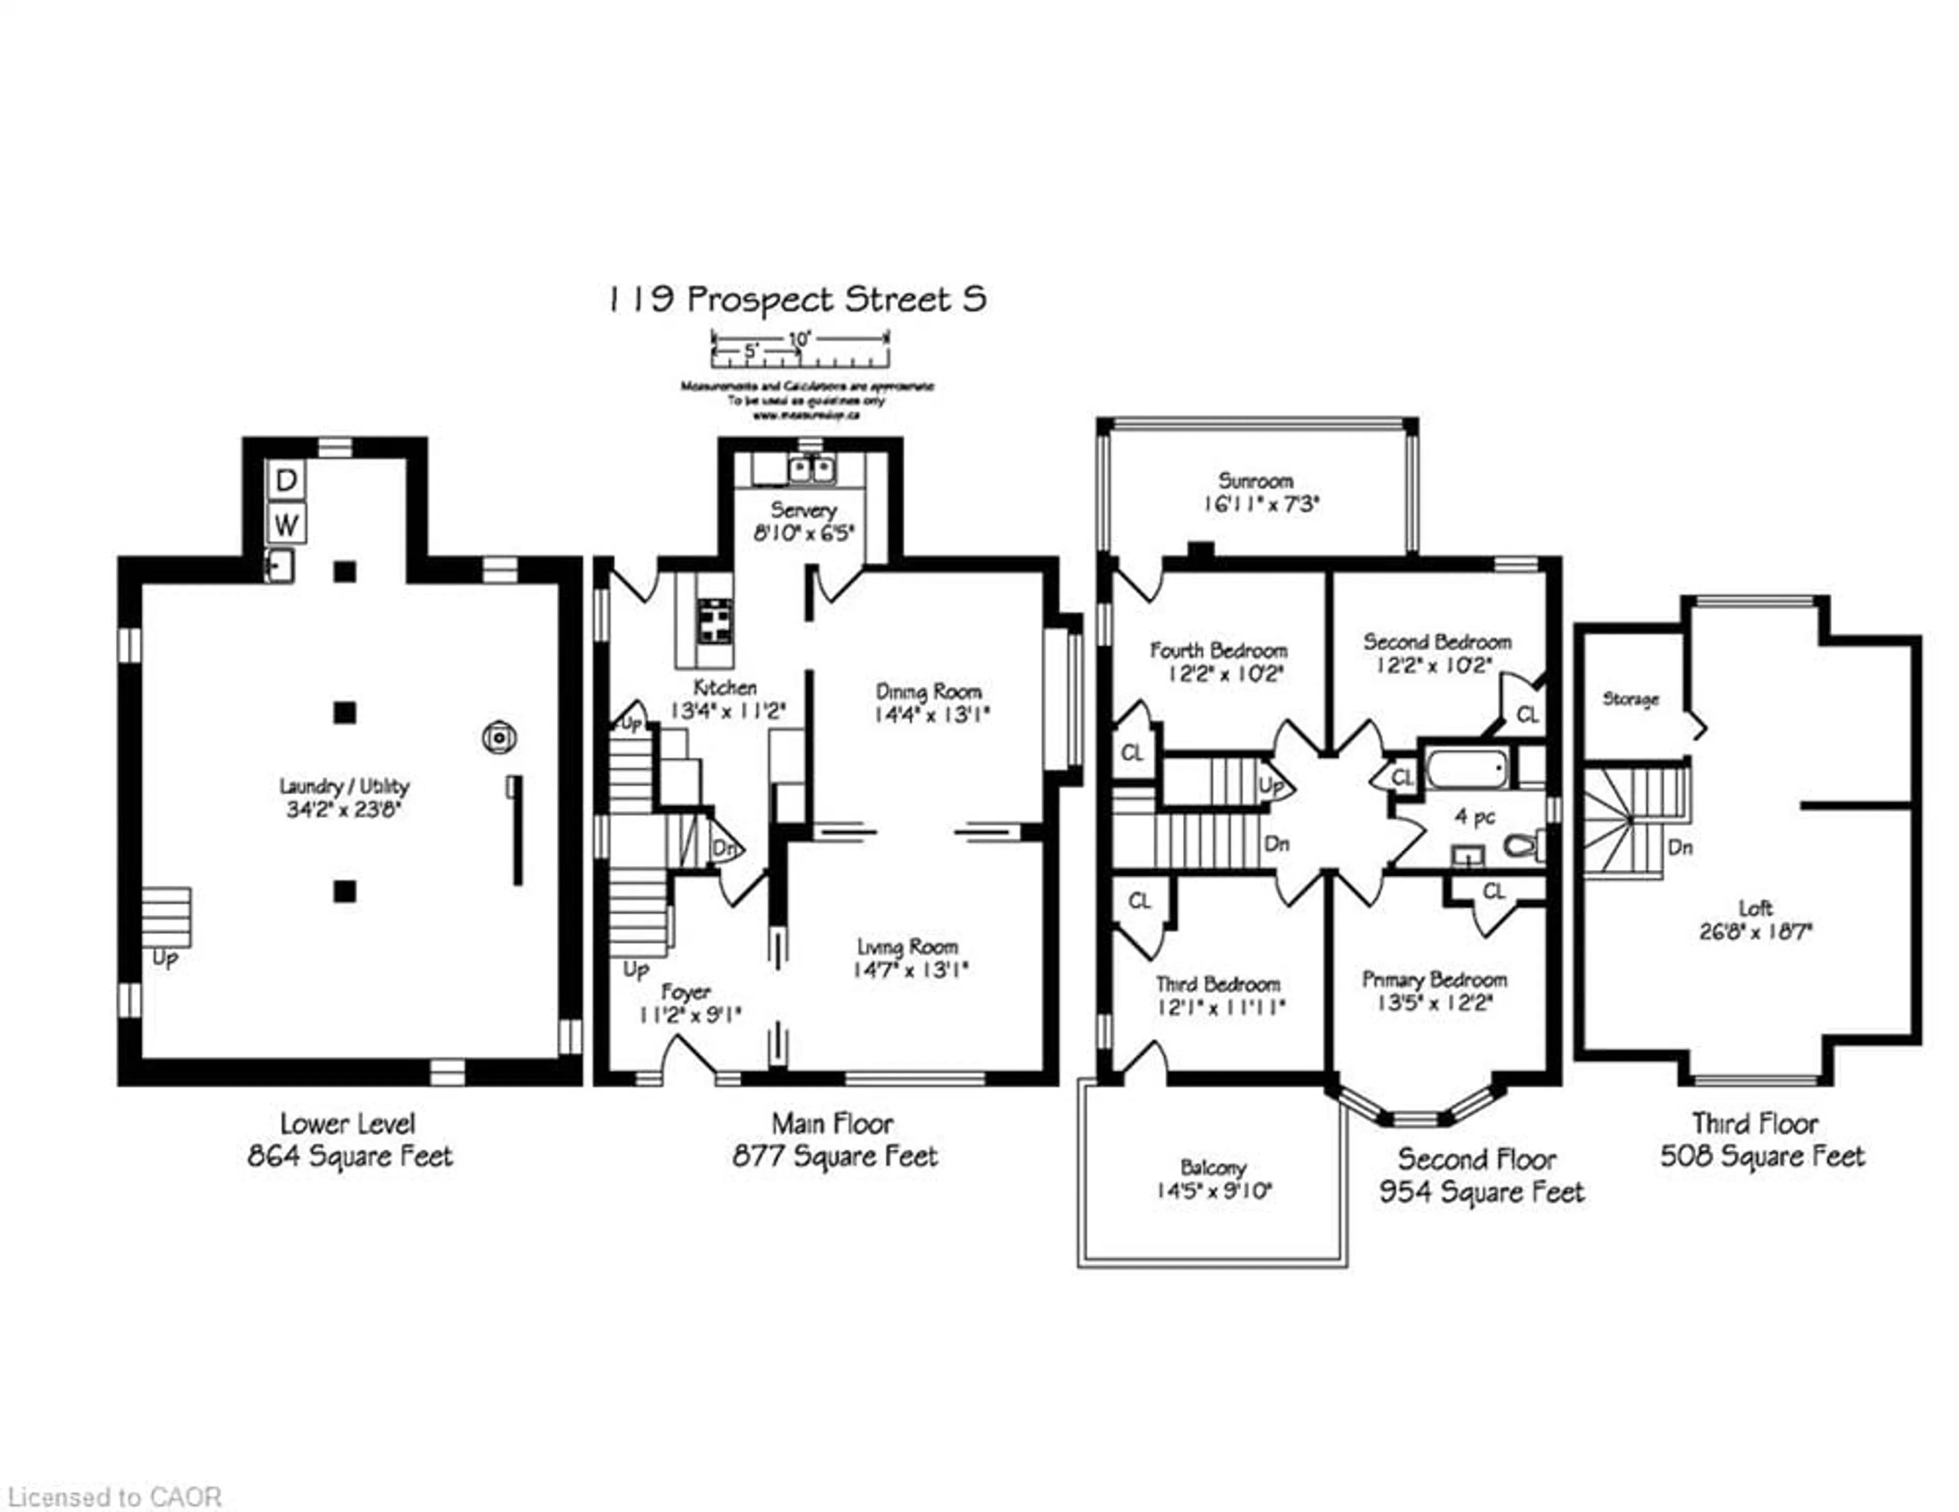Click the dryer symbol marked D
pyautogui.click(x=286, y=481)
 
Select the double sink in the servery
pyautogui.click(x=812, y=468)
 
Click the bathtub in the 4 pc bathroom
pyautogui.click(x=1467, y=769)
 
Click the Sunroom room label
pyautogui.click(x=1255, y=481)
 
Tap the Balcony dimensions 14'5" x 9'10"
pyautogui.click(x=1215, y=1191)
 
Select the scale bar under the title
pyautogui.click(x=800, y=350)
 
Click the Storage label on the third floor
pyautogui.click(x=1630, y=698)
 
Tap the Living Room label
pyautogui.click(x=908, y=947)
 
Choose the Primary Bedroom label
pyautogui.click(x=1434, y=979)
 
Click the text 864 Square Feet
pyautogui.click(x=350, y=1156)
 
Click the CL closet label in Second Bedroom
pyautogui.click(x=1527, y=715)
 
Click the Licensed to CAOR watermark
pyautogui.click(x=114, y=1497)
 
